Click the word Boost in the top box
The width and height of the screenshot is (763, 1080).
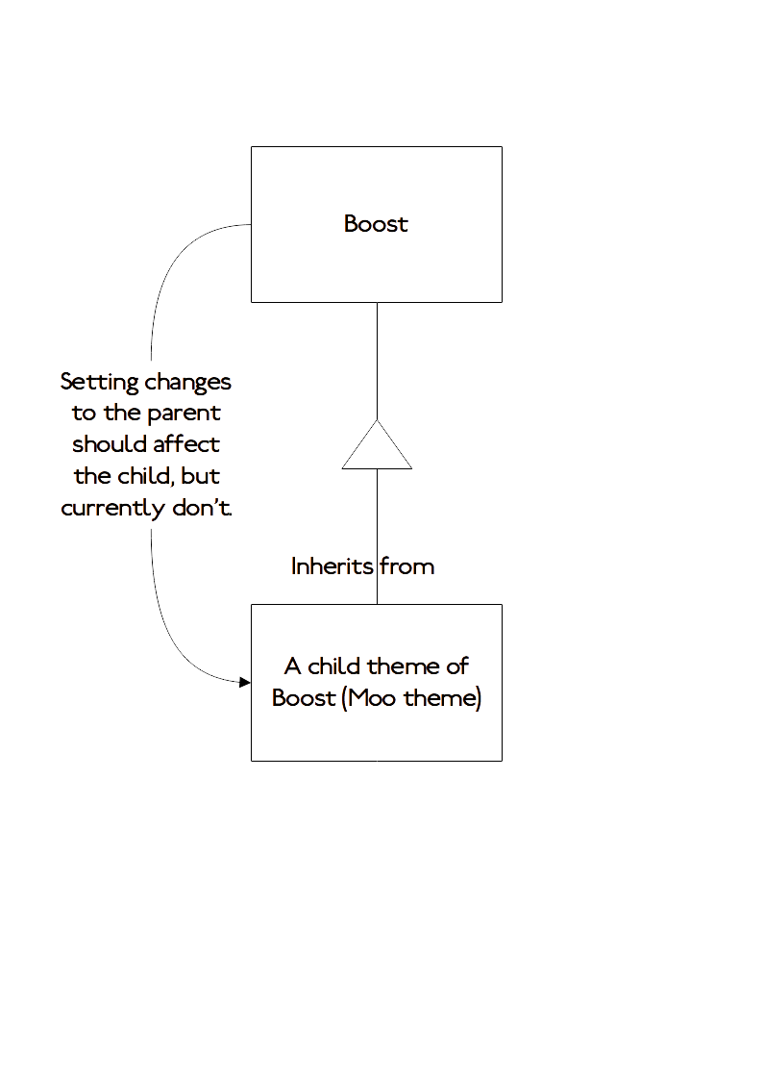click(x=376, y=224)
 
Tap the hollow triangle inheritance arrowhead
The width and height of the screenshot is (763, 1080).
click(x=377, y=445)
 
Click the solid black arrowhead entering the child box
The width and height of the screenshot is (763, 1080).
click(x=245, y=683)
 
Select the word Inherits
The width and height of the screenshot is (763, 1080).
click(x=332, y=566)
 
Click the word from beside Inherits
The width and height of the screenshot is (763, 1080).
click(x=407, y=566)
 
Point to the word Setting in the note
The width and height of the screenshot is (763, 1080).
click(x=100, y=382)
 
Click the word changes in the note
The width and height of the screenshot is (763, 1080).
click(x=187, y=383)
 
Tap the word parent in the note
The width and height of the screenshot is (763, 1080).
click(x=184, y=414)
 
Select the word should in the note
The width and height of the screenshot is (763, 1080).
click(x=109, y=444)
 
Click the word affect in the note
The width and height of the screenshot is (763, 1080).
click(x=186, y=444)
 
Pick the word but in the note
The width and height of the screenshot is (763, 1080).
click(x=200, y=476)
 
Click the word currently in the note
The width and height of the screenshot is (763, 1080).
click(x=113, y=509)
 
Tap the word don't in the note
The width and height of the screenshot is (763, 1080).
click(x=202, y=508)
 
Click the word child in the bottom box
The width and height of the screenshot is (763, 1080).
click(x=334, y=666)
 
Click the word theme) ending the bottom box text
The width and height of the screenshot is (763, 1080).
click(x=442, y=698)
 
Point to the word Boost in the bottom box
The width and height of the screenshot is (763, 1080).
click(x=304, y=698)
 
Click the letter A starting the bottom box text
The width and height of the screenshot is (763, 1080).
click(x=292, y=666)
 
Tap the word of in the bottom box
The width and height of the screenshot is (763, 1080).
click(x=457, y=666)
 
